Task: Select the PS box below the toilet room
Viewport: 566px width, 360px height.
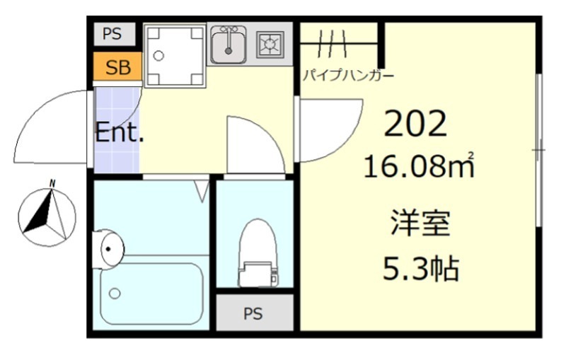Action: point(253,313)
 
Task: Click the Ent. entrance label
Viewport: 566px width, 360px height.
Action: point(120,132)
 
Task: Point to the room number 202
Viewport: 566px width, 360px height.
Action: point(415,124)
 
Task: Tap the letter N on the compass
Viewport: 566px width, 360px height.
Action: point(52,184)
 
